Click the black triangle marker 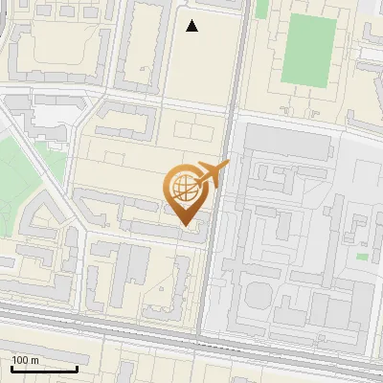192,26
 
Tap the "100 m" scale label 25,360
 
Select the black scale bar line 44,369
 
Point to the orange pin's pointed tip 186,225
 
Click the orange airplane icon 212,174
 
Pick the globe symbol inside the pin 184,186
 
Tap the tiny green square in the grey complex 362,256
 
